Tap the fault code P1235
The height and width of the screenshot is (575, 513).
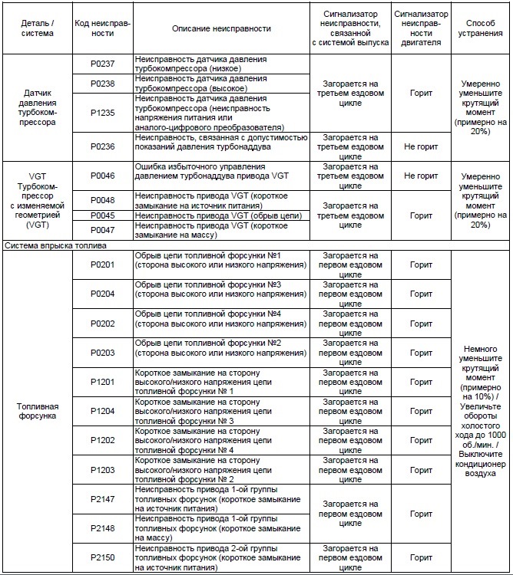tap(102, 113)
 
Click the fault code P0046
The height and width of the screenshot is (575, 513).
tap(102, 176)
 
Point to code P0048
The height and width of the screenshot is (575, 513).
tap(102, 200)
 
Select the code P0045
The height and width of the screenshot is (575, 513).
tap(102, 215)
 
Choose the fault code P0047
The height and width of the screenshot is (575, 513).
tap(102, 230)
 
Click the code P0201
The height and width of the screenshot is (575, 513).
tap(102, 264)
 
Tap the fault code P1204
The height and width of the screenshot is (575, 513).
tap(102, 411)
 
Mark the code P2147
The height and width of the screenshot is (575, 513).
tap(102, 499)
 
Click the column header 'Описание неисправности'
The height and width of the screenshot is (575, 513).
tap(221, 28)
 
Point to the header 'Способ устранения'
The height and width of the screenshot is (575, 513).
tap(481, 28)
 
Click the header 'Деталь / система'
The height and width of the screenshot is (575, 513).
tap(36, 28)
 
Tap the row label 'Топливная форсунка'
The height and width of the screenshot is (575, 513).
tap(36, 411)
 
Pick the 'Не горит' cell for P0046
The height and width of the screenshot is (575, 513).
tap(421, 176)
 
